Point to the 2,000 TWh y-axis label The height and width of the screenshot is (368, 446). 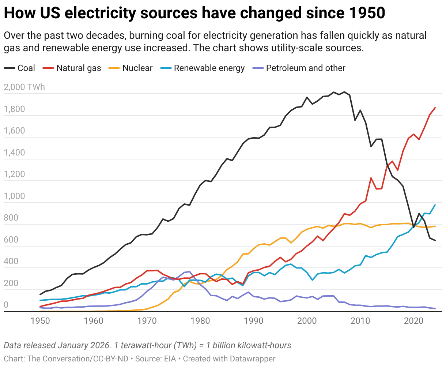pyautogui.click(x=24, y=87)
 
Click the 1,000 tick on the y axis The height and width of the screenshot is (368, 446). pyautogui.click(x=14, y=196)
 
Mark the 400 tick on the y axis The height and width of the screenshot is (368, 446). pyautogui.click(x=11, y=262)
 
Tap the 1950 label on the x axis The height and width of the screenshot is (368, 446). pyautogui.click(x=40, y=321)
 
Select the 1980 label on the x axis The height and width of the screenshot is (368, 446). pyautogui.click(x=200, y=321)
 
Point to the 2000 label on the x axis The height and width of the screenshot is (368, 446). pyautogui.click(x=307, y=321)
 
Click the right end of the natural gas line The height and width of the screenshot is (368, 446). pyautogui.click(x=435, y=108)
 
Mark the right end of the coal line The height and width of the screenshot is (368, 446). pyautogui.click(x=435, y=240)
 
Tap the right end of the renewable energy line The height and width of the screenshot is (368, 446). pyautogui.click(x=435, y=205)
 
